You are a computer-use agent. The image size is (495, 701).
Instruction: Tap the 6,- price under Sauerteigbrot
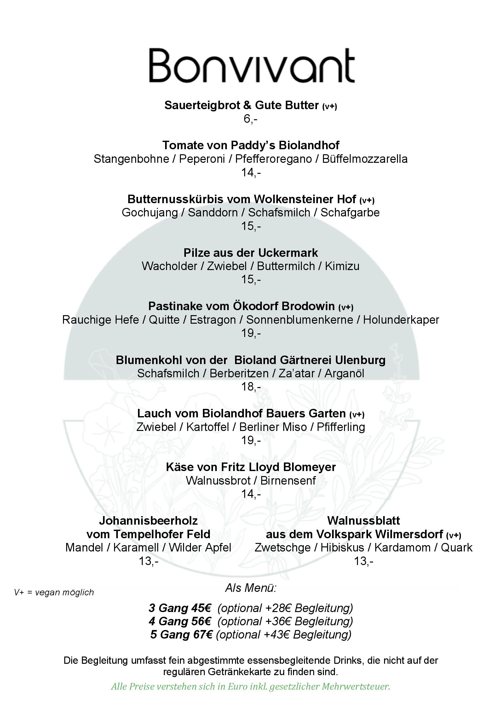[250, 119]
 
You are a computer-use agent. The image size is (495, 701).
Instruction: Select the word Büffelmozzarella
[365, 159]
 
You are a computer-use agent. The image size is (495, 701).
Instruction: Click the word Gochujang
[150, 212]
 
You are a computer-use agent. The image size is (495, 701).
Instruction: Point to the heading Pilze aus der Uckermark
[250, 253]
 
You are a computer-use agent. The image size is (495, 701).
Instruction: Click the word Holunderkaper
[401, 320]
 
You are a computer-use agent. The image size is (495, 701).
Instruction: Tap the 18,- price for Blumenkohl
[251, 386]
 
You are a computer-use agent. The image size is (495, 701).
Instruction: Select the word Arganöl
[344, 373]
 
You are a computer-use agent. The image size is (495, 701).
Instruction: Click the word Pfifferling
[341, 427]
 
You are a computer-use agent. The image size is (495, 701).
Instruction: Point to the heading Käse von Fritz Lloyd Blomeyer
[250, 467]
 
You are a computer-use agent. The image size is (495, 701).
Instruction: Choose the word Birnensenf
[288, 480]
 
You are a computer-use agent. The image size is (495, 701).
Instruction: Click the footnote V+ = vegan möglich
[54, 592]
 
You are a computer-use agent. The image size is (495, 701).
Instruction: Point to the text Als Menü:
[250, 588]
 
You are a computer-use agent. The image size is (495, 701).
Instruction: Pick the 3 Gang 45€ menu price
[180, 608]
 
